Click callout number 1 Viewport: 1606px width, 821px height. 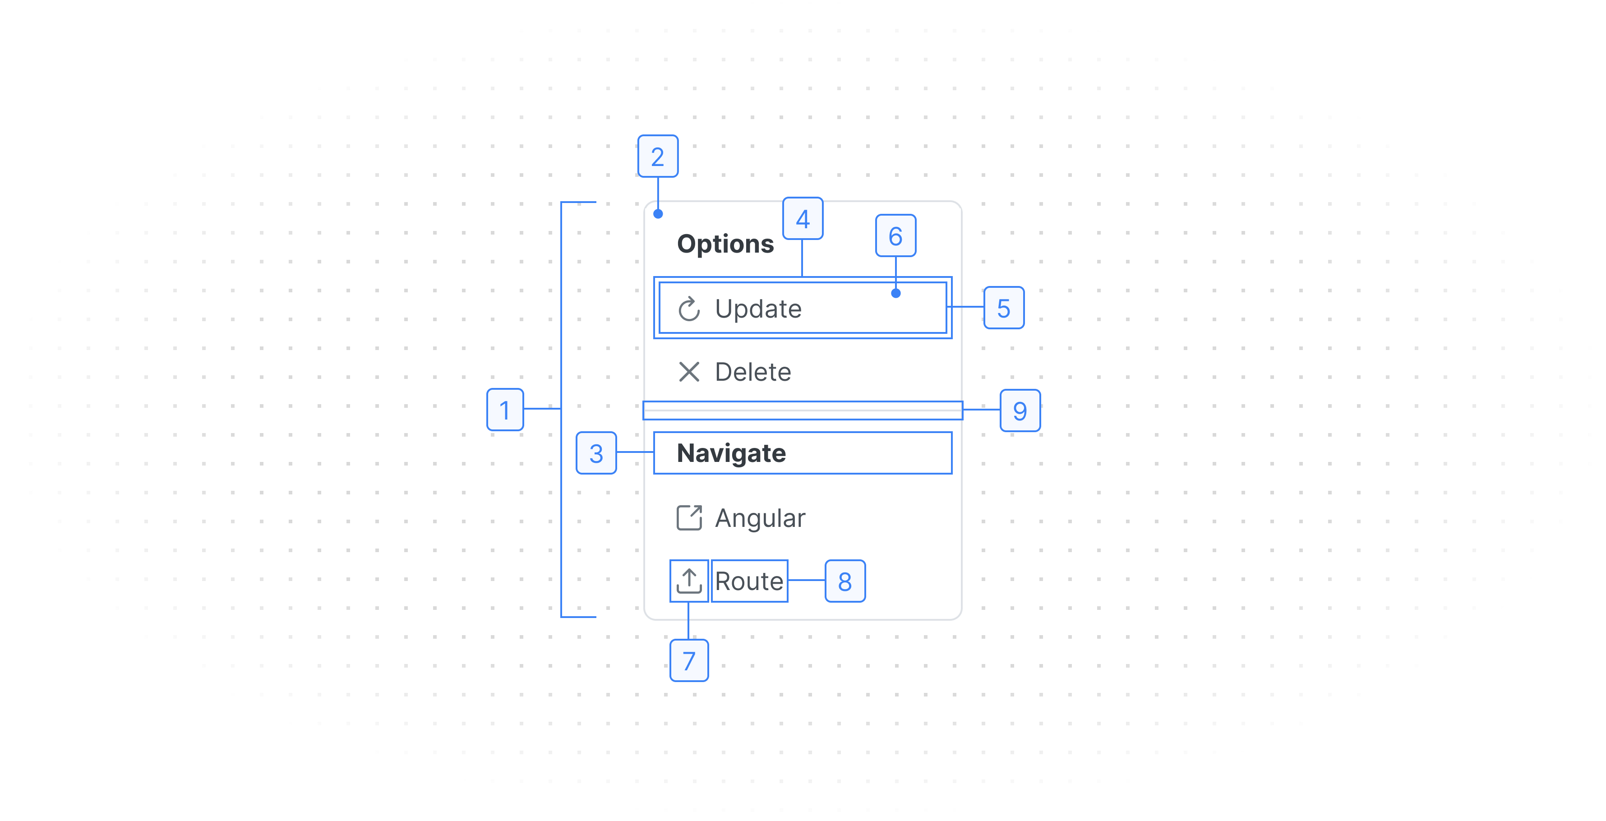pyautogui.click(x=505, y=410)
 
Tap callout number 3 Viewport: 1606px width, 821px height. pyautogui.click(x=596, y=453)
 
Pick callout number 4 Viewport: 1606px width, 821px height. pyautogui.click(x=803, y=219)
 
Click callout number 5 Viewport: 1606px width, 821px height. pyautogui.click(x=1004, y=308)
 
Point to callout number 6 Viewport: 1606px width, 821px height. pyautogui.click(x=896, y=235)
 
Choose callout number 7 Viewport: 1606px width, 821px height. pyautogui.click(x=689, y=660)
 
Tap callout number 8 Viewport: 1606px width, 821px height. pyautogui.click(x=845, y=581)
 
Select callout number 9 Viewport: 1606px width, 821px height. pyautogui.click(x=1020, y=410)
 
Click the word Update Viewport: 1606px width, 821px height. pyautogui.click(x=758, y=309)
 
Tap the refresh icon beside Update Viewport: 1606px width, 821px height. pyautogui.click(x=689, y=309)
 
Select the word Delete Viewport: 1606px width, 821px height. pyautogui.click(x=753, y=372)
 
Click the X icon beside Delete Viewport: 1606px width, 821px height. pyautogui.click(x=689, y=372)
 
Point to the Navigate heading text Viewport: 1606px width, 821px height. pyautogui.click(x=731, y=453)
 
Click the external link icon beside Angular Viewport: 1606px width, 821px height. pyautogui.click(x=689, y=517)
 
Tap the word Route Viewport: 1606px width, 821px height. pyautogui.click(x=749, y=581)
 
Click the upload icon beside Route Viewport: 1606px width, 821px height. pyautogui.click(x=689, y=581)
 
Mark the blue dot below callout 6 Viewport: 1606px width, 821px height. pyautogui.click(x=896, y=293)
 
